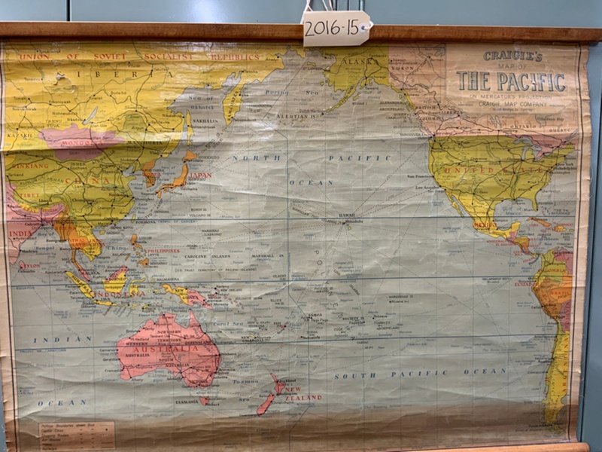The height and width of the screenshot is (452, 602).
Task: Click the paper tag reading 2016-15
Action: [x=336, y=29]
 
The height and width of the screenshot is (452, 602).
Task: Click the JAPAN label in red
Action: [x=199, y=176]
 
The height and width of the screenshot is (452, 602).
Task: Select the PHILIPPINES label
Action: [x=163, y=251]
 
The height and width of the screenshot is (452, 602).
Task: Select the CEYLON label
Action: [x=30, y=265]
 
